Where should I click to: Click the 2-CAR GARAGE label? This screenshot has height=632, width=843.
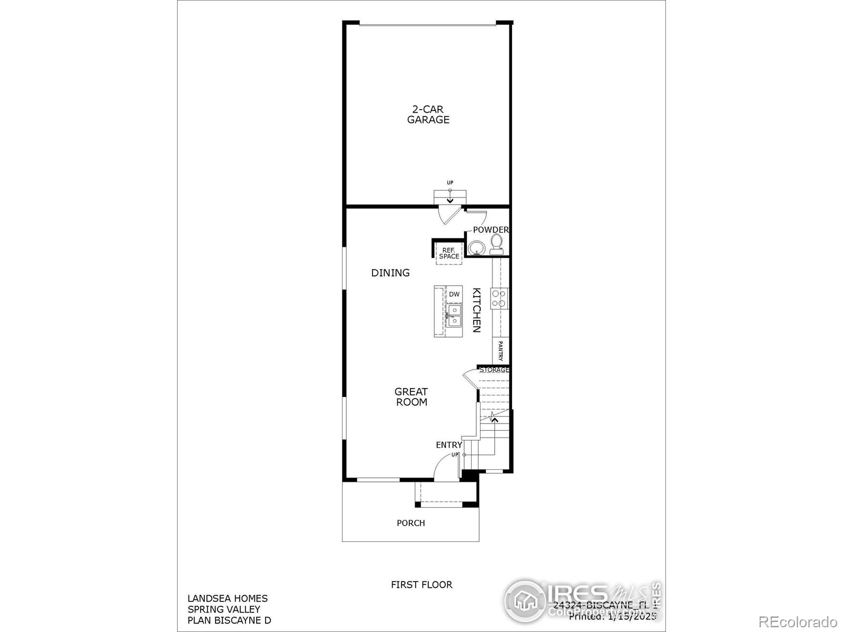(x=428, y=114)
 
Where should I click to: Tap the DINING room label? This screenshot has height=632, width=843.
(x=390, y=273)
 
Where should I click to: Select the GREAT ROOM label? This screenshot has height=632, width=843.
(x=411, y=397)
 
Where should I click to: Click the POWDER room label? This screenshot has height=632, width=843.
(x=491, y=230)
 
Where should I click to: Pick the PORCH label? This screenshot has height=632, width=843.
(x=411, y=523)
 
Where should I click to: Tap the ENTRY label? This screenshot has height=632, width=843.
(x=449, y=445)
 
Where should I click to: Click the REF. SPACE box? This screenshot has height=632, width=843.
(x=449, y=253)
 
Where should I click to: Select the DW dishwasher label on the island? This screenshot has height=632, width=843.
(x=454, y=294)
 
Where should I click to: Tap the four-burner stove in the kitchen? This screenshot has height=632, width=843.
(x=499, y=298)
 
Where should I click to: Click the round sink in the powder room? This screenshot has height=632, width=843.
(x=477, y=247)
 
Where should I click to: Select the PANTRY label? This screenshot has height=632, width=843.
(x=501, y=351)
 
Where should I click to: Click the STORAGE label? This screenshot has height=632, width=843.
(x=494, y=370)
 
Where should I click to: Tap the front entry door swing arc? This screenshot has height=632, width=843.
(x=444, y=466)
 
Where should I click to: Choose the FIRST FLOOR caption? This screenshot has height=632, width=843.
(x=421, y=585)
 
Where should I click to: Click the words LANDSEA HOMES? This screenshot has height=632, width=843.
(x=228, y=598)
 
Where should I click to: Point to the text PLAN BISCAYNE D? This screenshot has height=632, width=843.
(x=229, y=620)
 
